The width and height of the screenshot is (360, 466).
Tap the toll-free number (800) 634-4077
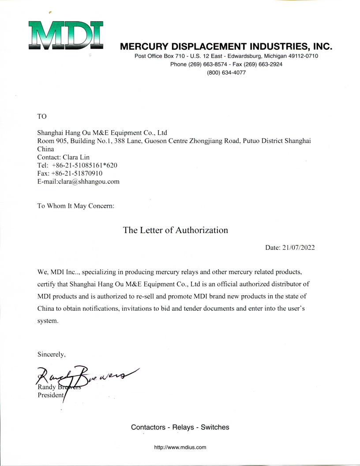pos(226,73)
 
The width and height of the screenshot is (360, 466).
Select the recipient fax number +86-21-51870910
pos(79,173)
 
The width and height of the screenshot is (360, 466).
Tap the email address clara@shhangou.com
pos(91,181)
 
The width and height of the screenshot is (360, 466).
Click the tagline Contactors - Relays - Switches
pos(180,427)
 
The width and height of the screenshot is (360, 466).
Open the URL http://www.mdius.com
pos(180,447)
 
